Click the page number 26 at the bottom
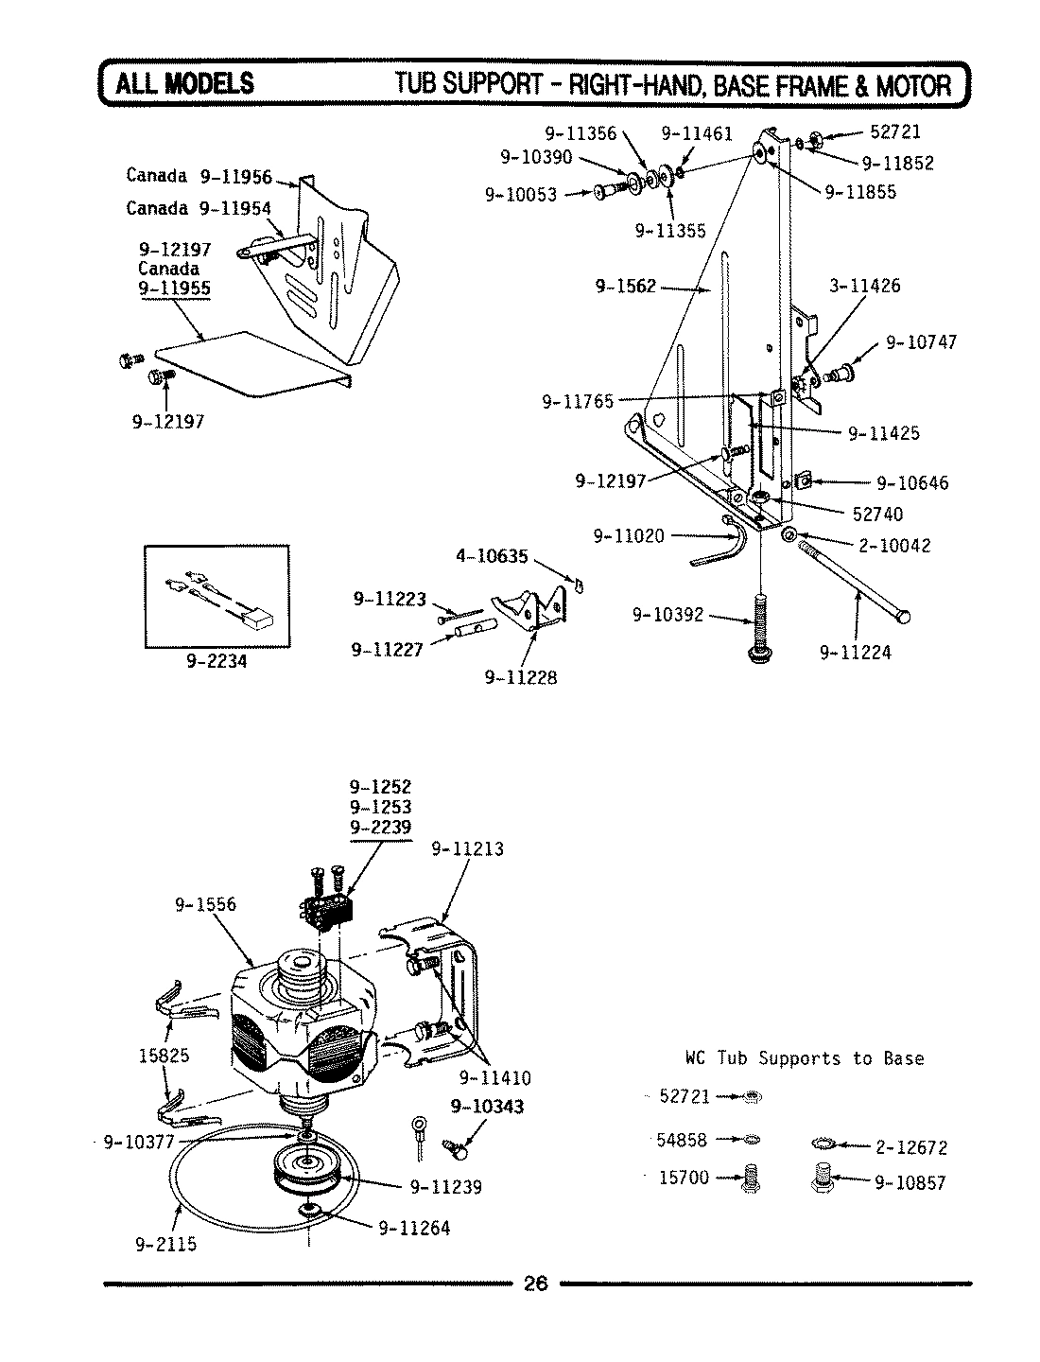tap(534, 1283)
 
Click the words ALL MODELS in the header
tap(184, 84)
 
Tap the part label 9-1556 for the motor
tap(205, 904)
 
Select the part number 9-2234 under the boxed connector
tap(217, 661)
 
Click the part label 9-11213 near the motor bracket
tap(467, 848)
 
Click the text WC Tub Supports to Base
tap(804, 1058)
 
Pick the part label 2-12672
tap(910, 1148)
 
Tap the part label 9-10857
tap(910, 1182)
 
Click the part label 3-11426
tap(865, 286)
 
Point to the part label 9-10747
tap(921, 342)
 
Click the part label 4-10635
tap(492, 556)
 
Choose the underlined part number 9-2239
tap(380, 828)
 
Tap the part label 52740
tap(877, 514)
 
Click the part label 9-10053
tap(521, 195)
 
